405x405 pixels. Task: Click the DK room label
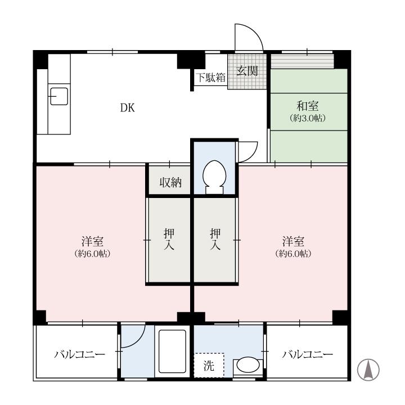click(x=128, y=107)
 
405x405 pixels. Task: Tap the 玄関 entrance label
click(x=247, y=70)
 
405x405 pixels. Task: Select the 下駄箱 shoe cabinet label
click(x=210, y=78)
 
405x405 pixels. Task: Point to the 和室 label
click(x=308, y=106)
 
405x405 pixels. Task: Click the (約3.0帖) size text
click(x=308, y=118)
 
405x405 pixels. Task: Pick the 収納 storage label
click(x=170, y=182)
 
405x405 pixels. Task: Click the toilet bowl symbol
click(x=214, y=177)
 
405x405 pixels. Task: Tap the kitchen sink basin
click(x=59, y=96)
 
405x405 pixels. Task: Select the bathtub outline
click(x=172, y=351)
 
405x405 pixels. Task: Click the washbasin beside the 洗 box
click(x=248, y=365)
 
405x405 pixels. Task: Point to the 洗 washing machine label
click(x=209, y=366)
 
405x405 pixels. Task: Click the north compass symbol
click(x=368, y=370)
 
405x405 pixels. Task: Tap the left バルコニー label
click(x=79, y=354)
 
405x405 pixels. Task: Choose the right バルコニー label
click(x=307, y=354)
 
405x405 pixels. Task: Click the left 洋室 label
click(x=92, y=241)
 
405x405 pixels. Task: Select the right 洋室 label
click(x=293, y=241)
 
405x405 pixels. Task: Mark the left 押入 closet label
click(x=169, y=239)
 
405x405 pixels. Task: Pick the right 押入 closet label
click(x=215, y=239)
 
